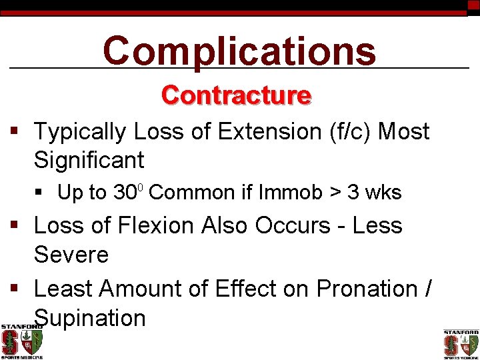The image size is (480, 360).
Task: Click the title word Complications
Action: [x=239, y=51]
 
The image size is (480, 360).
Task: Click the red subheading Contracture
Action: [x=236, y=96]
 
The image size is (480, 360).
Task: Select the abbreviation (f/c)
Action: [x=351, y=131]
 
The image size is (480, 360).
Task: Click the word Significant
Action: [x=89, y=160]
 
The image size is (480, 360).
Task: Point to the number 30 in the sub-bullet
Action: [x=125, y=193]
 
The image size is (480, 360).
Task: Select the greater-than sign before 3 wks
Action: [x=334, y=193]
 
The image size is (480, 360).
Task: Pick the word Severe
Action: [x=71, y=255]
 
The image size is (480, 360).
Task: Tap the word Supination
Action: [x=89, y=318]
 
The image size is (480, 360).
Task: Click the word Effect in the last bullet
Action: [x=244, y=289]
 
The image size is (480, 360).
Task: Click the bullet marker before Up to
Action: [x=41, y=193]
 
